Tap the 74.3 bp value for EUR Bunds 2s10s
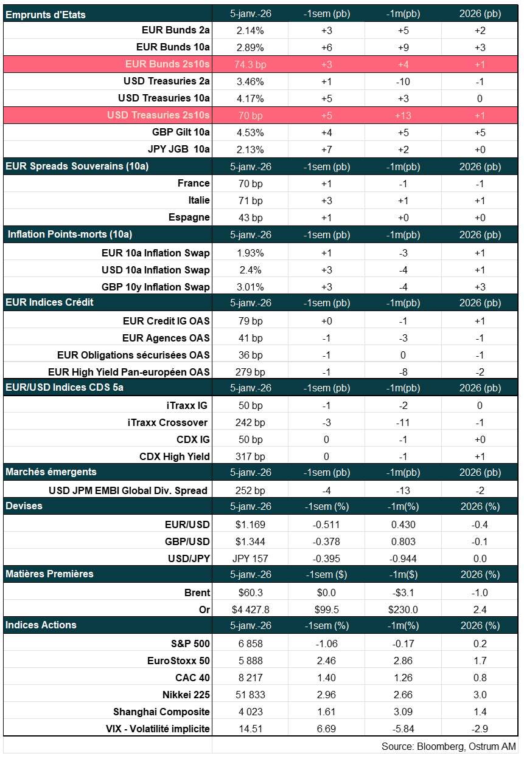(x=249, y=64)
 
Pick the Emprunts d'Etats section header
(x=46, y=14)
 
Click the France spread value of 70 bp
(x=249, y=183)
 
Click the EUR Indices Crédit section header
(x=49, y=302)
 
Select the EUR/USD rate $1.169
(x=249, y=524)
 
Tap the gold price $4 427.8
(x=250, y=610)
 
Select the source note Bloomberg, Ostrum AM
(x=449, y=746)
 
